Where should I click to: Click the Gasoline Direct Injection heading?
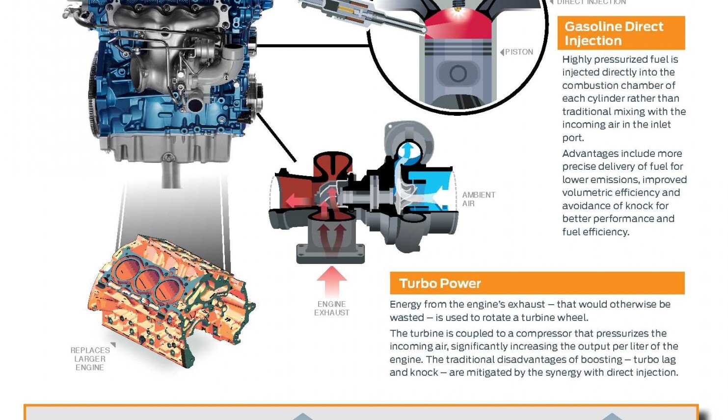tap(614, 33)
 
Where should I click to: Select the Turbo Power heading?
tap(440, 284)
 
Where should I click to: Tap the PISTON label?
tap(519, 52)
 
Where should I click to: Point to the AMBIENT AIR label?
tap(479, 199)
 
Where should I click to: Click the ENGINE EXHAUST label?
tap(332, 308)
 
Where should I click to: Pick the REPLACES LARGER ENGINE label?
tap(90, 359)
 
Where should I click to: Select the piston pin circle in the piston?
tap(458, 74)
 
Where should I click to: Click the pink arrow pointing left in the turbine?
tap(296, 200)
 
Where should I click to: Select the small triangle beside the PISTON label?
tap(502, 52)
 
